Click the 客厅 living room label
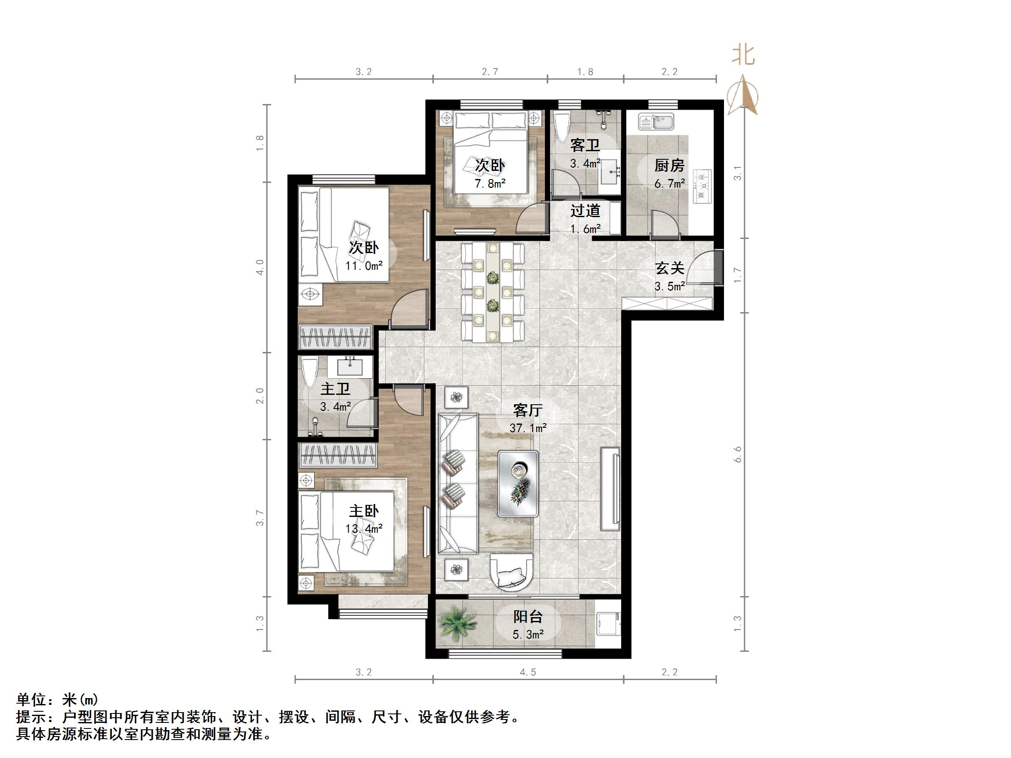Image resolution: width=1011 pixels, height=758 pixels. (527, 410)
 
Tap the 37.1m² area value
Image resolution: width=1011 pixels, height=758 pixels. (528, 428)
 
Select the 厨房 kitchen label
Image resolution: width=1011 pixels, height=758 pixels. (669, 165)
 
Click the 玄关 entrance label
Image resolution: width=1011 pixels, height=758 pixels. (670, 268)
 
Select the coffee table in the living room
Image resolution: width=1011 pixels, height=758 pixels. (518, 483)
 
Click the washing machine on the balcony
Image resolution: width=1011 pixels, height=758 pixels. (608, 623)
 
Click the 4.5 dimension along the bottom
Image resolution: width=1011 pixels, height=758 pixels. (527, 672)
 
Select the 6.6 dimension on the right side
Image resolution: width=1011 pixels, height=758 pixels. (738, 455)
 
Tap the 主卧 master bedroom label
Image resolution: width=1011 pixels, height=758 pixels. (364, 511)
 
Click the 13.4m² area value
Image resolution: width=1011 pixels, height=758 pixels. (364, 528)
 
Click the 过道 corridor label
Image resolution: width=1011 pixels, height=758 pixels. (585, 211)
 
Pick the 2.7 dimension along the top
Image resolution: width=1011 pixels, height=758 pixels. (490, 72)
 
